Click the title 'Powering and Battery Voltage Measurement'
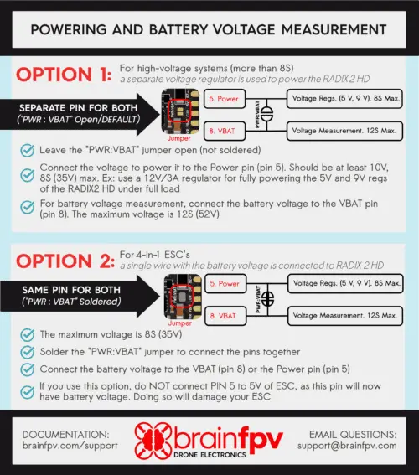pos(209,29)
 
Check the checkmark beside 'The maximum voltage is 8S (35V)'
pos(29,335)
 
